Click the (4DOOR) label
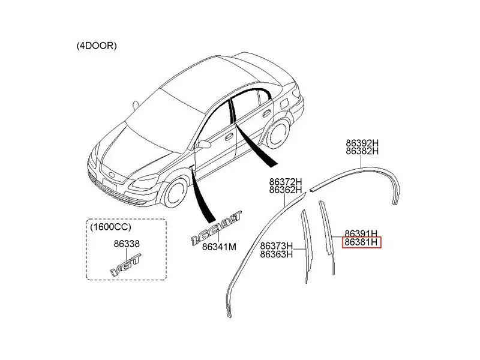[97, 46]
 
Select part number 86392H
[362, 143]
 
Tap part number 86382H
[362, 152]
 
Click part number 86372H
[286, 181]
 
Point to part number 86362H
[286, 190]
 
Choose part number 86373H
[277, 245]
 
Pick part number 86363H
[277, 254]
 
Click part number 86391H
[361, 233]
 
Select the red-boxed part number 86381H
[361, 243]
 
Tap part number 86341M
[219, 246]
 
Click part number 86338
[126, 244]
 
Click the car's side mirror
[205, 144]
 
